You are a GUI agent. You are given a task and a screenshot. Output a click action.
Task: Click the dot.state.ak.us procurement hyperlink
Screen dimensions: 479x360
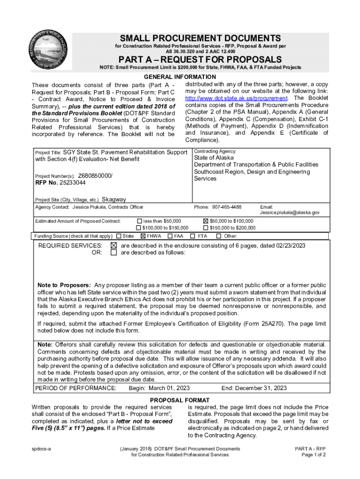click(x=236, y=99)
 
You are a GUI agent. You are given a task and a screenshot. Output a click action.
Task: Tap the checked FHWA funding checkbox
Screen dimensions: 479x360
click(x=143, y=236)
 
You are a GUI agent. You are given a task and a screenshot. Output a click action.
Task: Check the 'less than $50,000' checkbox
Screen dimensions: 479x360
click(x=139, y=221)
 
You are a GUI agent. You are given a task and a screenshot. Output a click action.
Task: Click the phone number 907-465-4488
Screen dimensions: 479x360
click(x=227, y=207)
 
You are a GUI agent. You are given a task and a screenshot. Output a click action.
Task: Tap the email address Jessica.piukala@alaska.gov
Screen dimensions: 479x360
click(x=289, y=212)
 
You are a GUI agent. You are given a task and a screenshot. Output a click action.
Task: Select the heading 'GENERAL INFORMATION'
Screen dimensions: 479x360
click(x=180, y=77)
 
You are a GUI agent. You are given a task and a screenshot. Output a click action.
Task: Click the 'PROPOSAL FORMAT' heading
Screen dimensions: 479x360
click(x=180, y=400)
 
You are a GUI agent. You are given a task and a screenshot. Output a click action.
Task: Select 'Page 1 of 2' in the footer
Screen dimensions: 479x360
click(x=313, y=455)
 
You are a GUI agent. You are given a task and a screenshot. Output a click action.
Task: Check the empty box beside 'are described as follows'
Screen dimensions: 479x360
click(x=114, y=253)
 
